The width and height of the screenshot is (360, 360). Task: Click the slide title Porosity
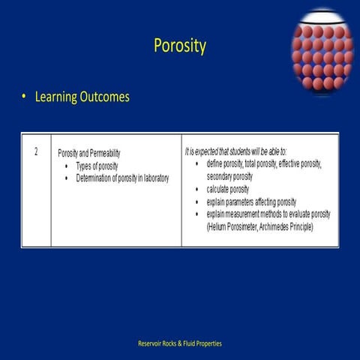coord(179,46)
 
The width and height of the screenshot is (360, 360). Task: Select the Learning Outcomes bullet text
coord(82,97)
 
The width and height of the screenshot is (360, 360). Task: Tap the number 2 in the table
coord(35,151)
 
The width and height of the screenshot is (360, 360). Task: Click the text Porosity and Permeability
coord(88,153)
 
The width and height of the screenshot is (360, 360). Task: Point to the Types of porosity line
coord(102,165)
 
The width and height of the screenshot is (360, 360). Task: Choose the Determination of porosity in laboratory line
coord(122,178)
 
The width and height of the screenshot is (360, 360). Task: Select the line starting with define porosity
coord(263,163)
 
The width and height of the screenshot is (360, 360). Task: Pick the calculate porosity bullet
coord(228,189)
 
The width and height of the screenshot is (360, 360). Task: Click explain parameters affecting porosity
coord(251,202)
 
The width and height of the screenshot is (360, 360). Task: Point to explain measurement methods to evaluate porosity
coord(268,214)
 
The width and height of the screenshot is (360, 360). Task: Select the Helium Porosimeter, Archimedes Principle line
coord(259,226)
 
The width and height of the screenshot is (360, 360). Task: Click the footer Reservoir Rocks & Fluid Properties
coord(180,343)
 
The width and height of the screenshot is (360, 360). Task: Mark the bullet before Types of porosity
coord(67,165)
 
